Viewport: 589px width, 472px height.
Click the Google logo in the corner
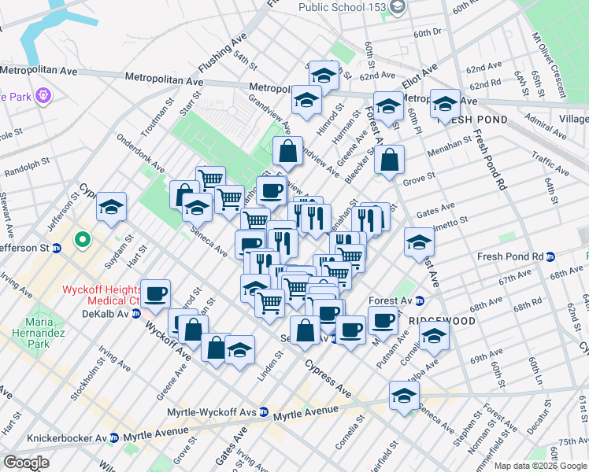(27, 463)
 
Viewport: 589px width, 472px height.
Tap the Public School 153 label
(343, 7)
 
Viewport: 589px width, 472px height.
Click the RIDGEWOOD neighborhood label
(441, 322)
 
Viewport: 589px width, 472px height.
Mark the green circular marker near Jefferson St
(81, 238)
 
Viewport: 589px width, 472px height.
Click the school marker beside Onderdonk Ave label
(112, 207)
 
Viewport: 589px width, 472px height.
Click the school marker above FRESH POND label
(445, 103)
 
